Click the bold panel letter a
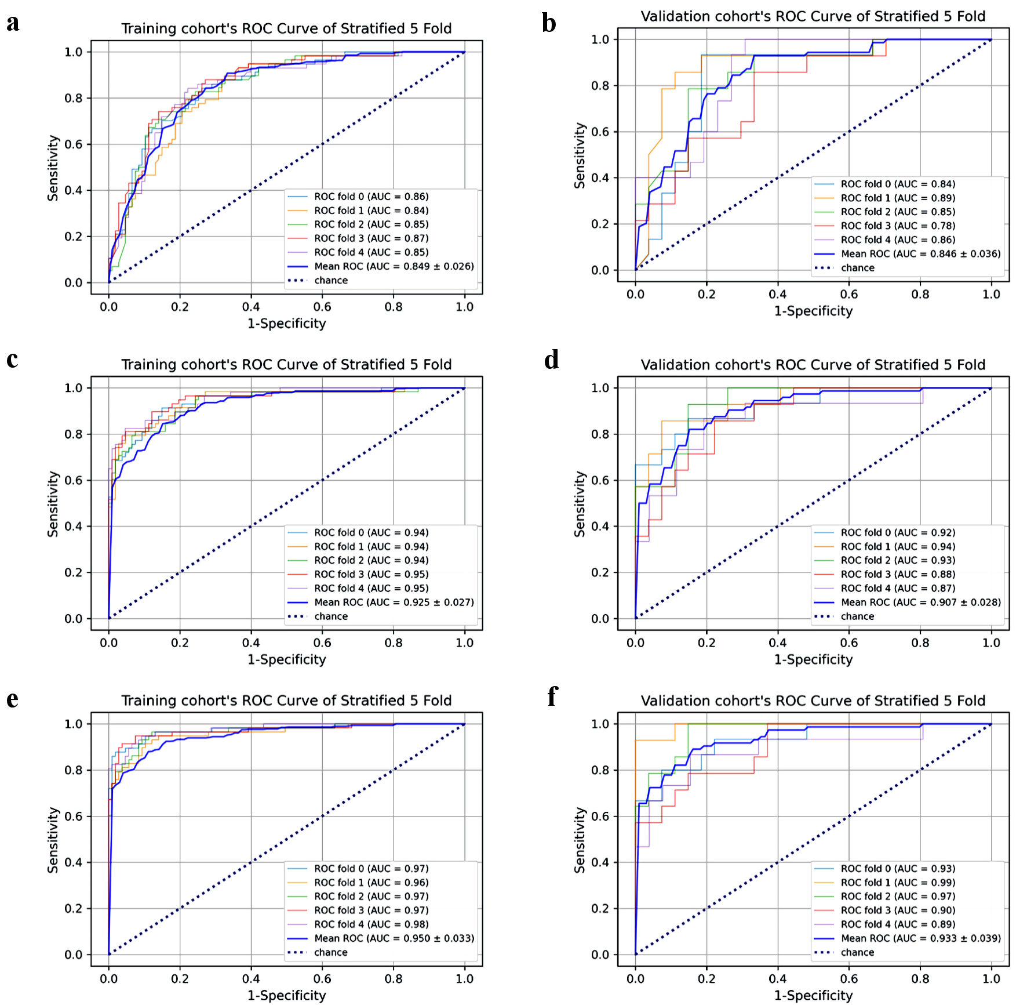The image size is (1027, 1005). tap(13, 23)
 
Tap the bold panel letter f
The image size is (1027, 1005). tap(552, 696)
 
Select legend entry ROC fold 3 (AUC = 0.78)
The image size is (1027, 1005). tap(897, 226)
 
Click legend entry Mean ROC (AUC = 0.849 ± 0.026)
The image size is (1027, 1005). tap(394, 267)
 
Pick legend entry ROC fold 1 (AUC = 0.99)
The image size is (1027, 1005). tap(897, 883)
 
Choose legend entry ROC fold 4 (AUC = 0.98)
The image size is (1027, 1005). tap(371, 924)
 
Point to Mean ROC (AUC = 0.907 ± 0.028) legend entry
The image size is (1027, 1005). tap(920, 603)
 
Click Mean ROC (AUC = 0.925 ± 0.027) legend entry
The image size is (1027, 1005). tap(394, 603)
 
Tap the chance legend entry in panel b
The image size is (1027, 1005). tap(857, 268)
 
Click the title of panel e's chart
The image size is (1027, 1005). tap(286, 701)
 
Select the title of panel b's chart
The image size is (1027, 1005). tap(813, 16)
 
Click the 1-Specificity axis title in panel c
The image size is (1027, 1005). tap(286, 659)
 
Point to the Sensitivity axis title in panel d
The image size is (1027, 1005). tap(580, 503)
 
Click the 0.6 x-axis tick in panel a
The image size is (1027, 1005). tap(322, 307)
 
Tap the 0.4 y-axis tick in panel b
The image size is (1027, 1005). tap(600, 178)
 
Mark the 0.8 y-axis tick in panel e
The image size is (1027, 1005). tap(74, 770)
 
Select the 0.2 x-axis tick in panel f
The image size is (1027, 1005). tap(706, 979)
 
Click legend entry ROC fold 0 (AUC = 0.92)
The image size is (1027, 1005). tap(897, 533)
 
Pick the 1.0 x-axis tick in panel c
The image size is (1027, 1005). tap(464, 643)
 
